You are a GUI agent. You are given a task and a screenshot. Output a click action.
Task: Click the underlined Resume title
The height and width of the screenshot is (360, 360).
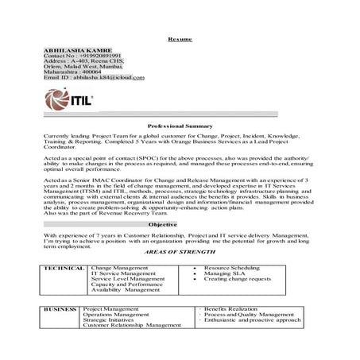coord(179,39)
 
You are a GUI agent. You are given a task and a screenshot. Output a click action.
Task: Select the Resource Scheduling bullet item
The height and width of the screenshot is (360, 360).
coord(234,269)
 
